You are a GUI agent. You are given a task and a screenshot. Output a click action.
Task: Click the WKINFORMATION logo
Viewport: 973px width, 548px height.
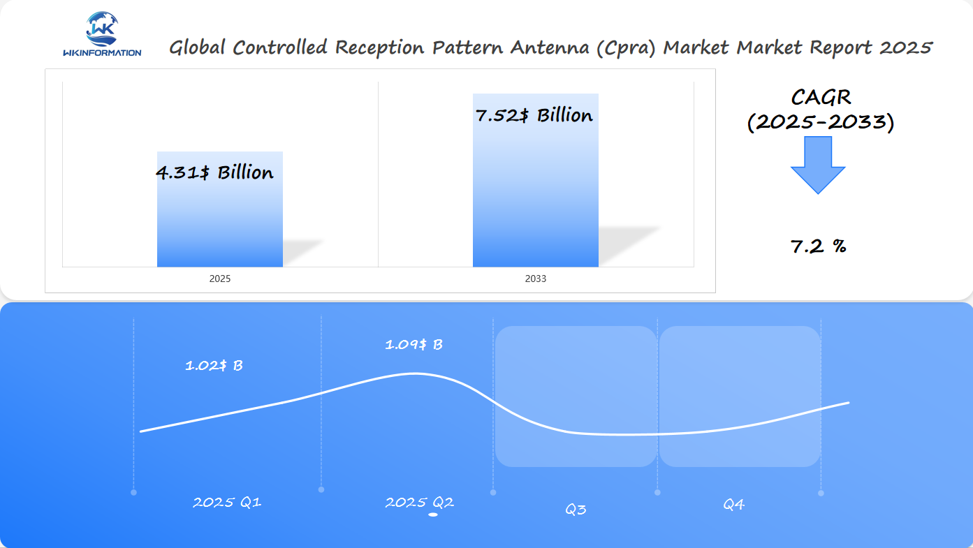click(102, 34)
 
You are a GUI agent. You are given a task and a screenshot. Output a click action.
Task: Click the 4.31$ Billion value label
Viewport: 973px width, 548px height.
click(214, 172)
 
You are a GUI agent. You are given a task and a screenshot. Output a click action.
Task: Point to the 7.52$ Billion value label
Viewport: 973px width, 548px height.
click(534, 115)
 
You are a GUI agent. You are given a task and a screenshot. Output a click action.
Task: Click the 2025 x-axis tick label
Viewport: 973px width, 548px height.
click(220, 279)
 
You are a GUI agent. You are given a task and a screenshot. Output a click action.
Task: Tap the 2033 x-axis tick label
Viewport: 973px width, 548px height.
click(536, 279)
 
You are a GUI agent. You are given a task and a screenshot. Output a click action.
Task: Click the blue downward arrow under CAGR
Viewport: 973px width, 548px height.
click(818, 165)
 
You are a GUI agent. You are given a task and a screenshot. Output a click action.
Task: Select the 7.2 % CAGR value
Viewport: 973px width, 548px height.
click(819, 246)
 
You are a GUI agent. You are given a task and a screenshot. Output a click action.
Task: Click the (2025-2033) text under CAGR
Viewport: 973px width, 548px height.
click(821, 122)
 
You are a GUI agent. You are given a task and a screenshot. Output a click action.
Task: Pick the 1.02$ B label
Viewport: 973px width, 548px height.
click(214, 365)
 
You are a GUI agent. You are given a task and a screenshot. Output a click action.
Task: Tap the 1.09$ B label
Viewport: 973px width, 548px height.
click(414, 344)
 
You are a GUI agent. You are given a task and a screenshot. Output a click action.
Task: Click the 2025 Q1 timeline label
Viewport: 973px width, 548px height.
click(227, 502)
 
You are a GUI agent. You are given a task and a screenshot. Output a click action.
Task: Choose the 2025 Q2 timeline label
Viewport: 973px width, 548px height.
click(419, 502)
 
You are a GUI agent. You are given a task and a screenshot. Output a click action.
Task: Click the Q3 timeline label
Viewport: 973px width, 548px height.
click(576, 510)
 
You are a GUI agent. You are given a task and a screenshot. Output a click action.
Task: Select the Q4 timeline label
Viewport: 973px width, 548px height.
click(733, 505)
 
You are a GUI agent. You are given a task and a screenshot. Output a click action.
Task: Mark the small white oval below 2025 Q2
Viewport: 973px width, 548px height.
click(433, 515)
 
